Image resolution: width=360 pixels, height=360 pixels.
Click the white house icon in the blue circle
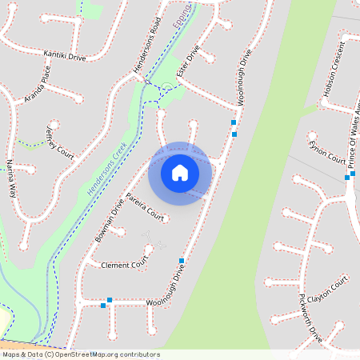tap(180, 173)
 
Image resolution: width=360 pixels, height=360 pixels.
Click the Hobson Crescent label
tap(338, 78)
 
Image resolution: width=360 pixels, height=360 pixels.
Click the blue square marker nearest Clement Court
tap(182, 261)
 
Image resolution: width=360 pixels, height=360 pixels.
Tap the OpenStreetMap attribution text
tap(80, 354)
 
